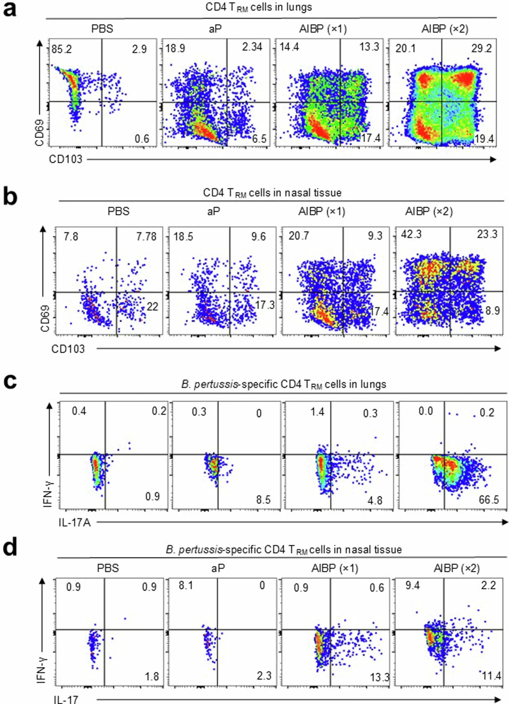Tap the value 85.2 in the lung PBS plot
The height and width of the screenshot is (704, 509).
62,49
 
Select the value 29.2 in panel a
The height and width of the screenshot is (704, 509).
481,48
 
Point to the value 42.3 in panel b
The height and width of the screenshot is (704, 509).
411,234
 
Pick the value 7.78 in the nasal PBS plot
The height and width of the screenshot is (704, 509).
146,237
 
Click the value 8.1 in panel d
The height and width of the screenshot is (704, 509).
186,586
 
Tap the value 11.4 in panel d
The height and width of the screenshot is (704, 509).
491,675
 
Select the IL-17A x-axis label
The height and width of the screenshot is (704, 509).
75,523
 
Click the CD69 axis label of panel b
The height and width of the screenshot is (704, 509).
45,318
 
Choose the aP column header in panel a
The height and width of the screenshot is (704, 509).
216,29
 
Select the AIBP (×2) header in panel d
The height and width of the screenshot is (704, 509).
456,568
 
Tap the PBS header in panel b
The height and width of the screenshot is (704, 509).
118,211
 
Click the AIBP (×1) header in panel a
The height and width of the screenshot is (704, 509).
323,29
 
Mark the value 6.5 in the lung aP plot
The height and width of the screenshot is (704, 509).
259,138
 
